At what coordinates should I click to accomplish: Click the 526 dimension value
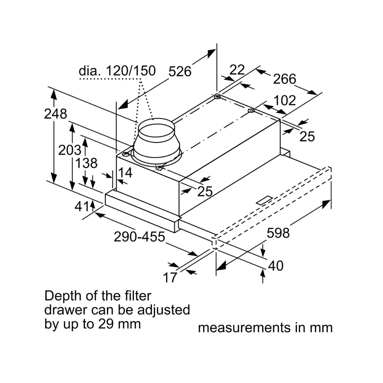click(179, 71)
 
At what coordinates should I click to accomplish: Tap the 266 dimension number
click(284, 79)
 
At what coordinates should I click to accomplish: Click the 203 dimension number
click(70, 150)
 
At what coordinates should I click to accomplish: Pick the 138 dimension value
click(86, 163)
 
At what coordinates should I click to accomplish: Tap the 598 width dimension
click(278, 233)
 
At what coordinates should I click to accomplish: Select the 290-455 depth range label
click(139, 237)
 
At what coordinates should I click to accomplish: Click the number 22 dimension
click(237, 70)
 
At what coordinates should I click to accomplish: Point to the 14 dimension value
click(125, 173)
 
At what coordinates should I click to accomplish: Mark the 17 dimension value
click(170, 278)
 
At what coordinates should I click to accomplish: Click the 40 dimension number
click(276, 266)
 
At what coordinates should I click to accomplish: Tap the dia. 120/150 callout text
click(117, 71)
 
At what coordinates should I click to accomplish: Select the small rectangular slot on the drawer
click(264, 201)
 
